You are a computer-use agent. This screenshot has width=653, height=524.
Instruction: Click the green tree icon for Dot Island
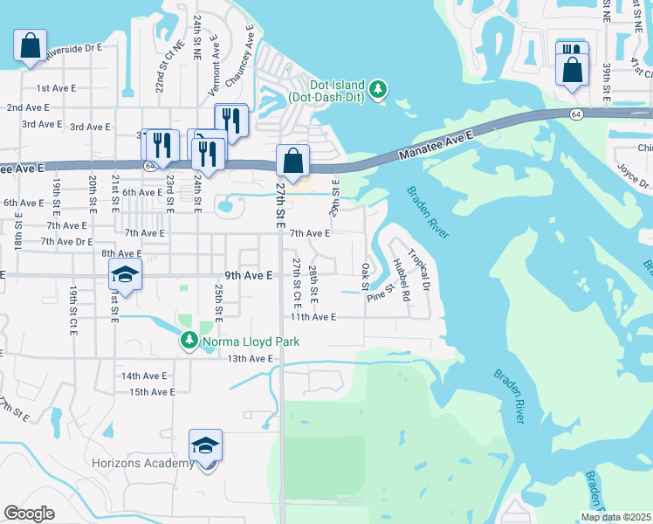[378, 89]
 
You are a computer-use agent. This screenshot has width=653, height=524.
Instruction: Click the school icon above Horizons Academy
[206, 446]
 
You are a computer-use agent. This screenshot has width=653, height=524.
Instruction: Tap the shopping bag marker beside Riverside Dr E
[30, 45]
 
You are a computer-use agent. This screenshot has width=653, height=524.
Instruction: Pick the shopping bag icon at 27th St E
[292, 161]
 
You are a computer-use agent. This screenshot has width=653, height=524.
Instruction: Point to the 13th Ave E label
[251, 359]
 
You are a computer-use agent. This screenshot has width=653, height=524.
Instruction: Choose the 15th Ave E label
[152, 392]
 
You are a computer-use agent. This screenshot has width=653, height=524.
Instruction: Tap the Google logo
[29, 514]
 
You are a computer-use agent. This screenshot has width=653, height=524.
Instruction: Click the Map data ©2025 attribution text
[615, 517]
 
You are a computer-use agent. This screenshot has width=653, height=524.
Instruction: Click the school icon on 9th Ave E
[125, 275]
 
